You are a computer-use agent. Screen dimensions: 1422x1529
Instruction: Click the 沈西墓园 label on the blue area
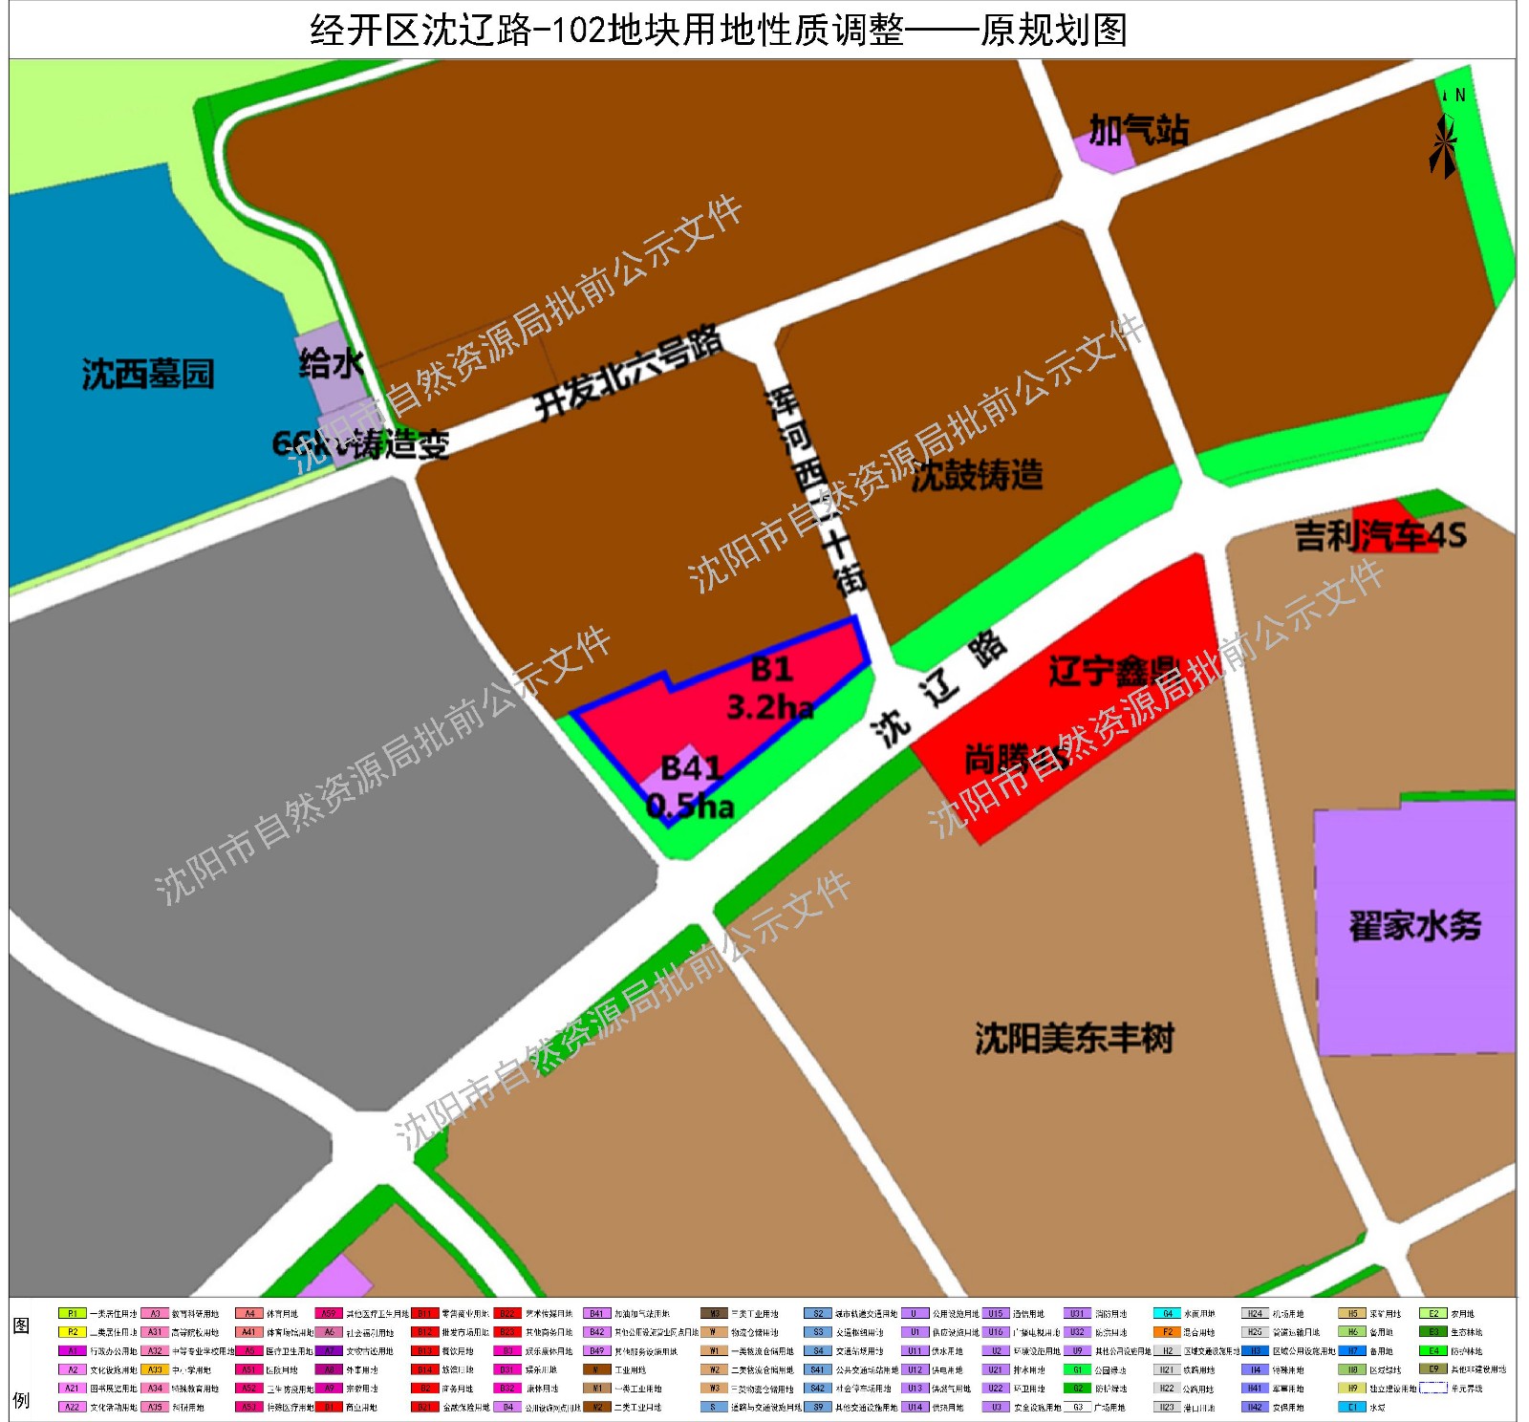pyautogui.click(x=147, y=374)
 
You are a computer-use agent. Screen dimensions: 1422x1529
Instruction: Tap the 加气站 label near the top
pyautogui.click(x=1138, y=130)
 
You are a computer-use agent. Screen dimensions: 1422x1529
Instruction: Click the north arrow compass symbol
pyautogui.click(x=1444, y=143)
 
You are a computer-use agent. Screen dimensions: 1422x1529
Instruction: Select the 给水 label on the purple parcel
pyautogui.click(x=331, y=363)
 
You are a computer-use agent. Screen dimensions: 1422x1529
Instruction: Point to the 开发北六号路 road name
pyautogui.click(x=626, y=374)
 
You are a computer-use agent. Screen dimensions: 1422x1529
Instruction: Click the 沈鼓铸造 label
pyautogui.click(x=977, y=475)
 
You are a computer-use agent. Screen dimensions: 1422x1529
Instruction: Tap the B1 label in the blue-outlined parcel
pyautogui.click(x=771, y=669)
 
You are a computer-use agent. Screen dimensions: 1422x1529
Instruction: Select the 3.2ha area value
pyautogui.click(x=770, y=707)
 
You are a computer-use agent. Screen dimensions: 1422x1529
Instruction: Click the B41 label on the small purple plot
pyautogui.click(x=690, y=767)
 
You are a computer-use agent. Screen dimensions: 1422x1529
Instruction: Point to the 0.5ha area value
pyautogui.click(x=690, y=807)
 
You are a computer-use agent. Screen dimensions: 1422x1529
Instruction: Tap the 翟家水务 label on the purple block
pyautogui.click(x=1414, y=926)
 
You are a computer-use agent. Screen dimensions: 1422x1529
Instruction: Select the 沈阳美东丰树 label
pyautogui.click(x=1074, y=1038)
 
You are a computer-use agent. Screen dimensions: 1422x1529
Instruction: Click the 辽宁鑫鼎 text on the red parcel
pyautogui.click(x=1113, y=671)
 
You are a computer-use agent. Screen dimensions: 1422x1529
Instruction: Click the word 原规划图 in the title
pyautogui.click(x=1053, y=31)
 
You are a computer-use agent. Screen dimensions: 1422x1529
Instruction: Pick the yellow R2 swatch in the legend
pyautogui.click(x=72, y=1332)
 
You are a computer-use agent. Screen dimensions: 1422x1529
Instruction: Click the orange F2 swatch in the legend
pyautogui.click(x=1167, y=1332)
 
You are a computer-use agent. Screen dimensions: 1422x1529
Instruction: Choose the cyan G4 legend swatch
pyautogui.click(x=1167, y=1314)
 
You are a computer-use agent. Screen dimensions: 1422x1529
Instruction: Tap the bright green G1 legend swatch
pyautogui.click(x=1077, y=1369)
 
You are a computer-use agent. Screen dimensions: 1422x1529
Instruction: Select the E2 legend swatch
pyautogui.click(x=1432, y=1314)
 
